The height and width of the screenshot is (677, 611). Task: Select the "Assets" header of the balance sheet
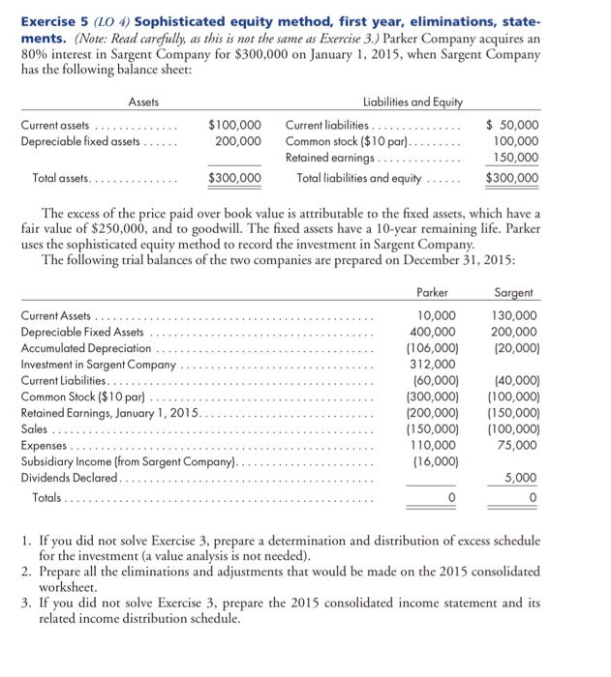pos(143,102)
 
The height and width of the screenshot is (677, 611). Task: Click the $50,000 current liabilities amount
pos(512,126)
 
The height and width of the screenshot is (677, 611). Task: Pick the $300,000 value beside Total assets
pos(234,178)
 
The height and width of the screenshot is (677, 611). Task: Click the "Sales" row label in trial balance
pos(35,429)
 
